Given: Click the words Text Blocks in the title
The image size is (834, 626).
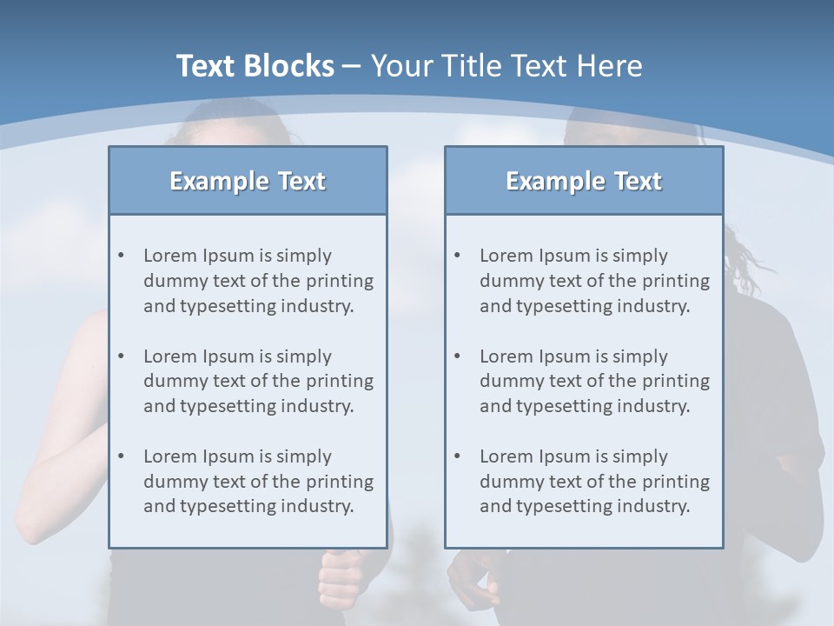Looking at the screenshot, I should (x=255, y=66).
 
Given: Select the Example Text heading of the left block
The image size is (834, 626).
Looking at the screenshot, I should (x=248, y=181).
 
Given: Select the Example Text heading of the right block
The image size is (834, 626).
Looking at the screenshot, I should (x=584, y=181).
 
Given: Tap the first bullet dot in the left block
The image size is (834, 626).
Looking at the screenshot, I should (x=121, y=256).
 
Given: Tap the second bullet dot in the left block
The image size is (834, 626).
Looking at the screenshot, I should (x=121, y=356).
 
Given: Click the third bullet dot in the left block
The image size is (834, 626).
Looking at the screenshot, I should (x=121, y=456).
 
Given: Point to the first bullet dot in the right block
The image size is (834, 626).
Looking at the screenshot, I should (x=457, y=256).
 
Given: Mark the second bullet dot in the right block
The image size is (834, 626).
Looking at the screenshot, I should (x=457, y=356).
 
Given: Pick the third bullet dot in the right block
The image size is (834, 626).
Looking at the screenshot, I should (x=457, y=456).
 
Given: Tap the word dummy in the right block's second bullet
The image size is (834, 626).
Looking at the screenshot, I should (x=508, y=381).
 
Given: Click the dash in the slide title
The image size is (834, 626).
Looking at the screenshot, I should (x=352, y=66).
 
